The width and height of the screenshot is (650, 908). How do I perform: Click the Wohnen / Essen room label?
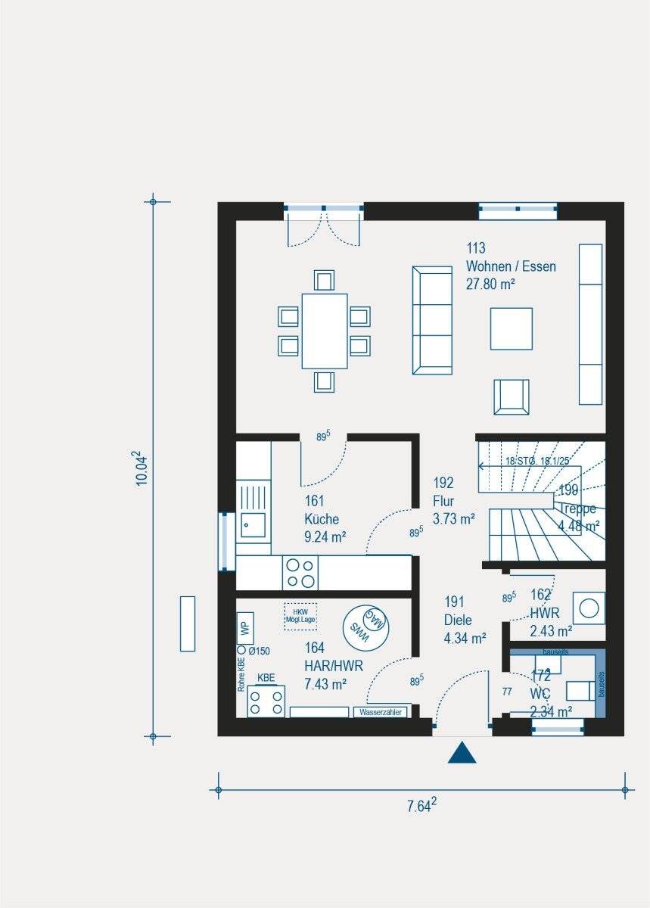tap(511, 266)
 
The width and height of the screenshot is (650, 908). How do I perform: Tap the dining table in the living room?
tap(324, 331)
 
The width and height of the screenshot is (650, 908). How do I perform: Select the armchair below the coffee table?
tap(511, 396)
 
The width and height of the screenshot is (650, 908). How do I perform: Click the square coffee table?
tap(511, 328)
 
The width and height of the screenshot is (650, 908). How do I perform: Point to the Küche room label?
tap(322, 519)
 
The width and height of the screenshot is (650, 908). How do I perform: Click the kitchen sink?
tap(252, 522)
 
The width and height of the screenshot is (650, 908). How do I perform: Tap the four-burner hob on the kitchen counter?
tap(300, 572)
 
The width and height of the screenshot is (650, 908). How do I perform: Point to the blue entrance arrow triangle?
tap(462, 753)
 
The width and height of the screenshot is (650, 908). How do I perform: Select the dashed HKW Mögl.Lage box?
tap(300, 616)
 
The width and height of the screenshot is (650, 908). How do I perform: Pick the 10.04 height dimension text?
tap(139, 469)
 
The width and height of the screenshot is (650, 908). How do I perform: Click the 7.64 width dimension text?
tap(421, 806)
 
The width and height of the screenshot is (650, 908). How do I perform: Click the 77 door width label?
tap(507, 692)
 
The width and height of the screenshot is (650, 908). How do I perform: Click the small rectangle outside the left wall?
tap(188, 623)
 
